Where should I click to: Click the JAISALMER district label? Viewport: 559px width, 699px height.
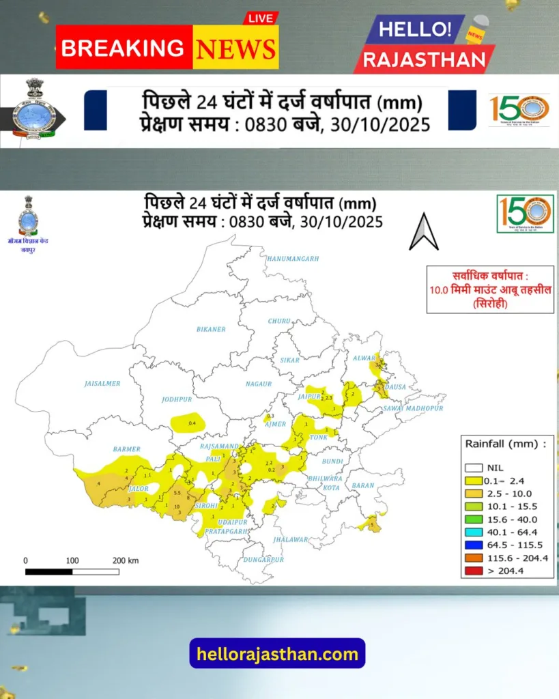pos(102,384)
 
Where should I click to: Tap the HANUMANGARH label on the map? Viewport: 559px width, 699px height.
pos(293,259)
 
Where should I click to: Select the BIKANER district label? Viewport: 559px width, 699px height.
pos(210,330)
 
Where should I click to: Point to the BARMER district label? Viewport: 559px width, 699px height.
pos(126,449)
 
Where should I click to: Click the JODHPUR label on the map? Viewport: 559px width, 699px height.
pos(177,399)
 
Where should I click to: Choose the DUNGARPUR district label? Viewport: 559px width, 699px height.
pos(263,560)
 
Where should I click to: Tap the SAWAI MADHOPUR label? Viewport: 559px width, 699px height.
pos(413,408)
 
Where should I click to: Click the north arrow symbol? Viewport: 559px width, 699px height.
pos(423,232)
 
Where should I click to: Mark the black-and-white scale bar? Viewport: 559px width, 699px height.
pos(72,571)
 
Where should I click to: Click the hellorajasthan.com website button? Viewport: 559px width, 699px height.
pos(277,654)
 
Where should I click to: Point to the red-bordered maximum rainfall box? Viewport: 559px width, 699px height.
pos(489,289)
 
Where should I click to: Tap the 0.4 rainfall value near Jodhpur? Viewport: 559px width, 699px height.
pos(192,424)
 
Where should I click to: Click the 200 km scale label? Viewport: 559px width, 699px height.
pos(125,560)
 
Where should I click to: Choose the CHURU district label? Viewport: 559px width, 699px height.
pos(279,321)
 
